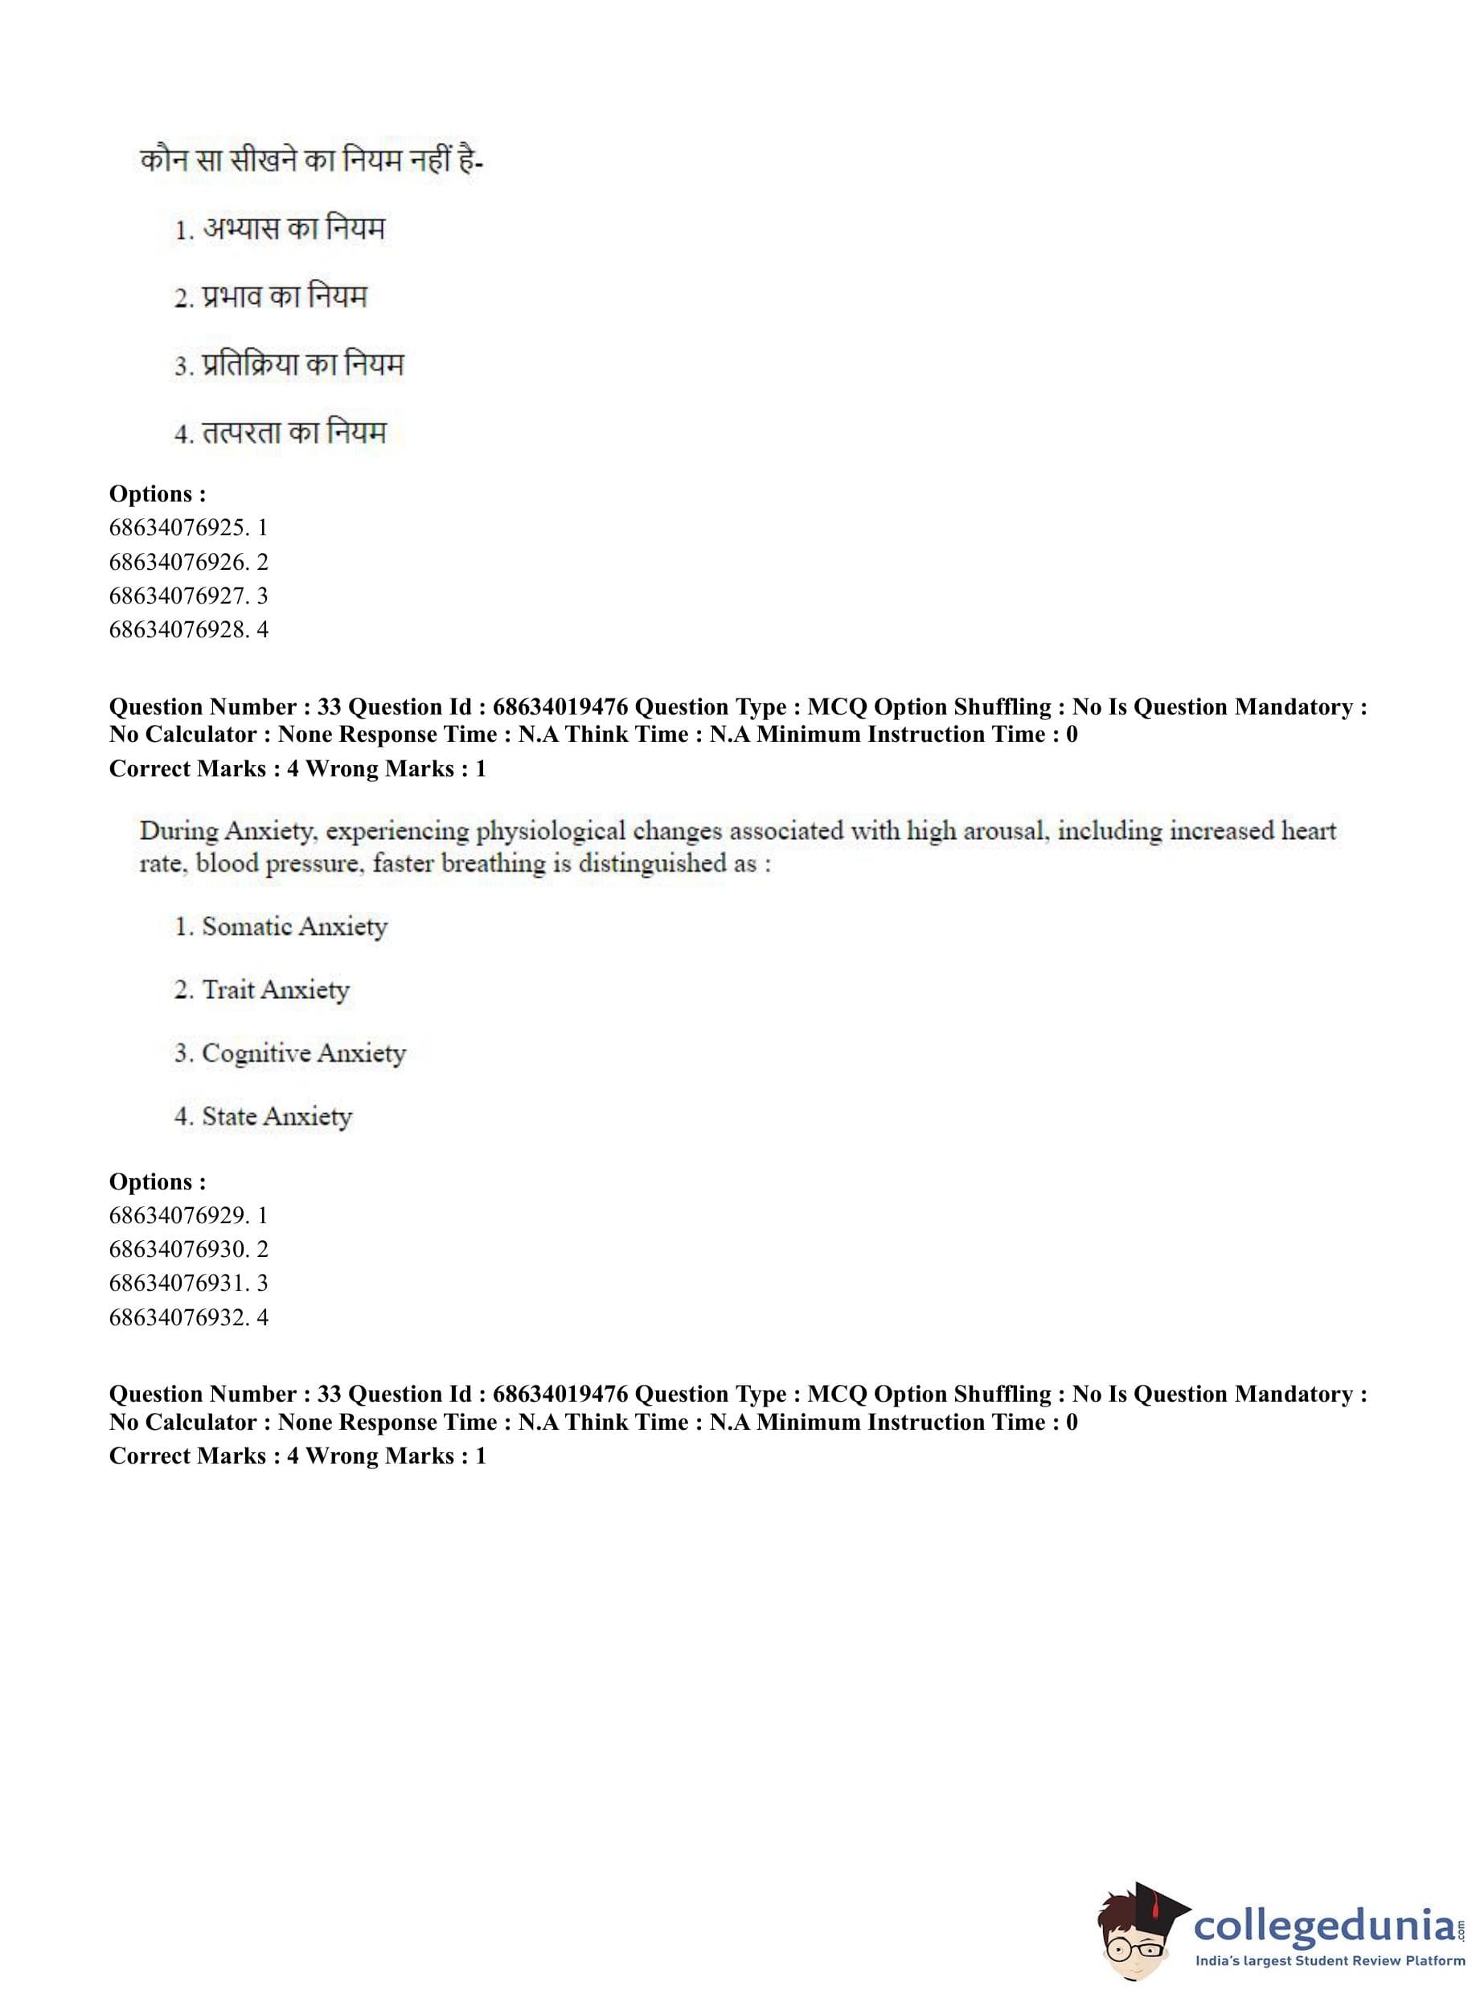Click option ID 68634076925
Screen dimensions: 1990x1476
click(x=187, y=528)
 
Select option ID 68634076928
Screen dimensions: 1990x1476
click(x=187, y=629)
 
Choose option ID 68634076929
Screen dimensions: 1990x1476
click(x=187, y=1215)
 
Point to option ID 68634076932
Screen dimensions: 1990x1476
click(x=187, y=1317)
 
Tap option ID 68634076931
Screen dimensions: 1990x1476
click(x=187, y=1284)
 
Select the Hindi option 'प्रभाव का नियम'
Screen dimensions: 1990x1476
click(x=284, y=297)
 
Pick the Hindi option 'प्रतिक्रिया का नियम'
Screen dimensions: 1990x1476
click(x=302, y=364)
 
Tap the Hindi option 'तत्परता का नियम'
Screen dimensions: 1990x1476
click(x=294, y=433)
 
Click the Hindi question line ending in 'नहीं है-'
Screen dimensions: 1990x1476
click(x=311, y=162)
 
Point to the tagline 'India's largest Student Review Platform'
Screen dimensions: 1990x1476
click(x=1330, y=1960)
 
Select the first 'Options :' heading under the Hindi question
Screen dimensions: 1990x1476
click(x=158, y=494)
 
